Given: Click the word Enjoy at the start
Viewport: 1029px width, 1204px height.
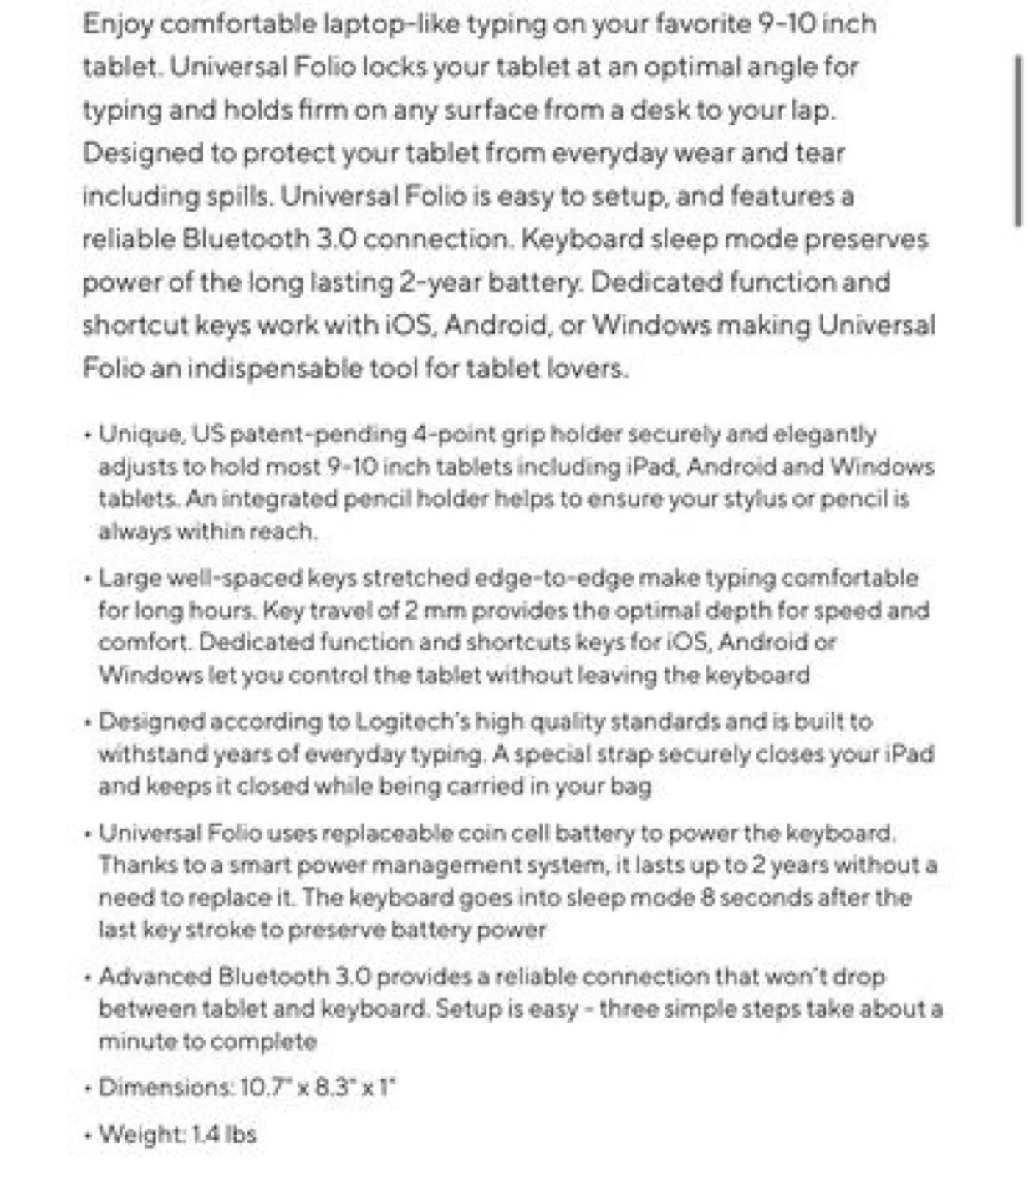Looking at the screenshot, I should (116, 23).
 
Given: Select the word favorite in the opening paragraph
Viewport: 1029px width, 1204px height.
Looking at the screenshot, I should (671, 23).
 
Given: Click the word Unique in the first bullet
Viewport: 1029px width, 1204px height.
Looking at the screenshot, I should (140, 434).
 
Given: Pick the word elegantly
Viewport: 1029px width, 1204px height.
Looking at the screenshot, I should (825, 434).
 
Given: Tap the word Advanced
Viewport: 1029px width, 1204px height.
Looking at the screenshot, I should (155, 977).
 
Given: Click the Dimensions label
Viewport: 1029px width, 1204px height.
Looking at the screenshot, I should (166, 1088).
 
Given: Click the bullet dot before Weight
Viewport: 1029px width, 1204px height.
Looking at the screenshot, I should (89, 1135).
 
